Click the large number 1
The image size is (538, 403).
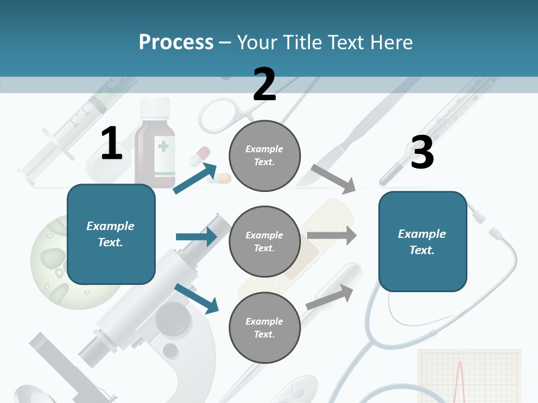(112, 144)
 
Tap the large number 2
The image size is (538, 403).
(265, 85)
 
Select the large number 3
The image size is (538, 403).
(422, 153)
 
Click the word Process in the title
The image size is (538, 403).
(176, 42)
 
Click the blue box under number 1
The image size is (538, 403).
(111, 234)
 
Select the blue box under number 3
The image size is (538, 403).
(423, 241)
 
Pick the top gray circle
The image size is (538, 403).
(265, 156)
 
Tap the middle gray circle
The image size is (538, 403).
(265, 241)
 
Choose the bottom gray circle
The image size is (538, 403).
(265, 327)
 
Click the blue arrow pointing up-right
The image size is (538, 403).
(195, 178)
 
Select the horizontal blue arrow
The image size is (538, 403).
(196, 237)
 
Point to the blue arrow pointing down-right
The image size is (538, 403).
(196, 298)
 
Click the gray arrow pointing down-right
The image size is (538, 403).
(334, 179)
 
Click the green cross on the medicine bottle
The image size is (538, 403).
(163, 147)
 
